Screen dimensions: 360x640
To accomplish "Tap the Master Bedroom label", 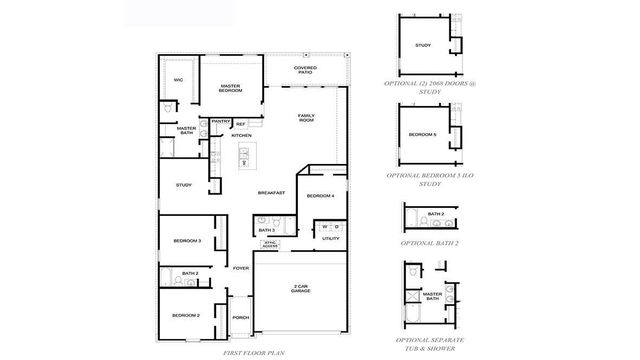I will (232, 88).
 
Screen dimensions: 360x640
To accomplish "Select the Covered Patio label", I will (305, 70).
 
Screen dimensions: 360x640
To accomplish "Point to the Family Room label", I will (307, 117).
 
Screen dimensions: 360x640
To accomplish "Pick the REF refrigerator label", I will (240, 125).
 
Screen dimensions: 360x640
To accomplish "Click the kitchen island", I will (243, 159).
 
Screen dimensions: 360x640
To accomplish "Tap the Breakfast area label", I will (271, 192).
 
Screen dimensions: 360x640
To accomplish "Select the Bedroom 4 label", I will (320, 195).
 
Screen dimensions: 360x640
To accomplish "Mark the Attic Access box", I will (269, 243).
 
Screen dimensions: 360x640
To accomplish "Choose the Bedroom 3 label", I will (187, 240).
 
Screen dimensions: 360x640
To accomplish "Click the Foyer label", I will (241, 268).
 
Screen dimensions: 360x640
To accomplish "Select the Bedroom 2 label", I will (186, 315).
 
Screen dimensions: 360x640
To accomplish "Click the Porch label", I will (241, 319).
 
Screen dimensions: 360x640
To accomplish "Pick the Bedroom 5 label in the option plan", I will (421, 134).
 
